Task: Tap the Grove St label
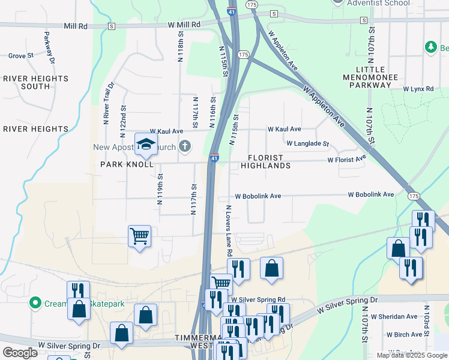pyautogui.click(x=20, y=56)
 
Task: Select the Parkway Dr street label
pyautogui.click(x=49, y=48)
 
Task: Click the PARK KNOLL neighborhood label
pyautogui.click(x=127, y=164)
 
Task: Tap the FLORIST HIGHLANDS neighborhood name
pyautogui.click(x=265, y=161)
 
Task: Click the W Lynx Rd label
pyautogui.click(x=418, y=89)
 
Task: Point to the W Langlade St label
pyautogui.click(x=307, y=144)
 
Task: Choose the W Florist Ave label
pyautogui.click(x=346, y=160)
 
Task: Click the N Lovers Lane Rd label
pyautogui.click(x=229, y=230)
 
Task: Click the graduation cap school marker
pyautogui.click(x=145, y=144)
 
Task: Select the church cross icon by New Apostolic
pyautogui.click(x=185, y=146)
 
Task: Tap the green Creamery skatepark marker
pyautogui.click(x=35, y=304)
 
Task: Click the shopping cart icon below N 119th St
pyautogui.click(x=139, y=236)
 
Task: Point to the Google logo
pyautogui.click(x=20, y=353)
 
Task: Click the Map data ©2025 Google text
pyautogui.click(x=411, y=355)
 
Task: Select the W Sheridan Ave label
pyautogui.click(x=394, y=317)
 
